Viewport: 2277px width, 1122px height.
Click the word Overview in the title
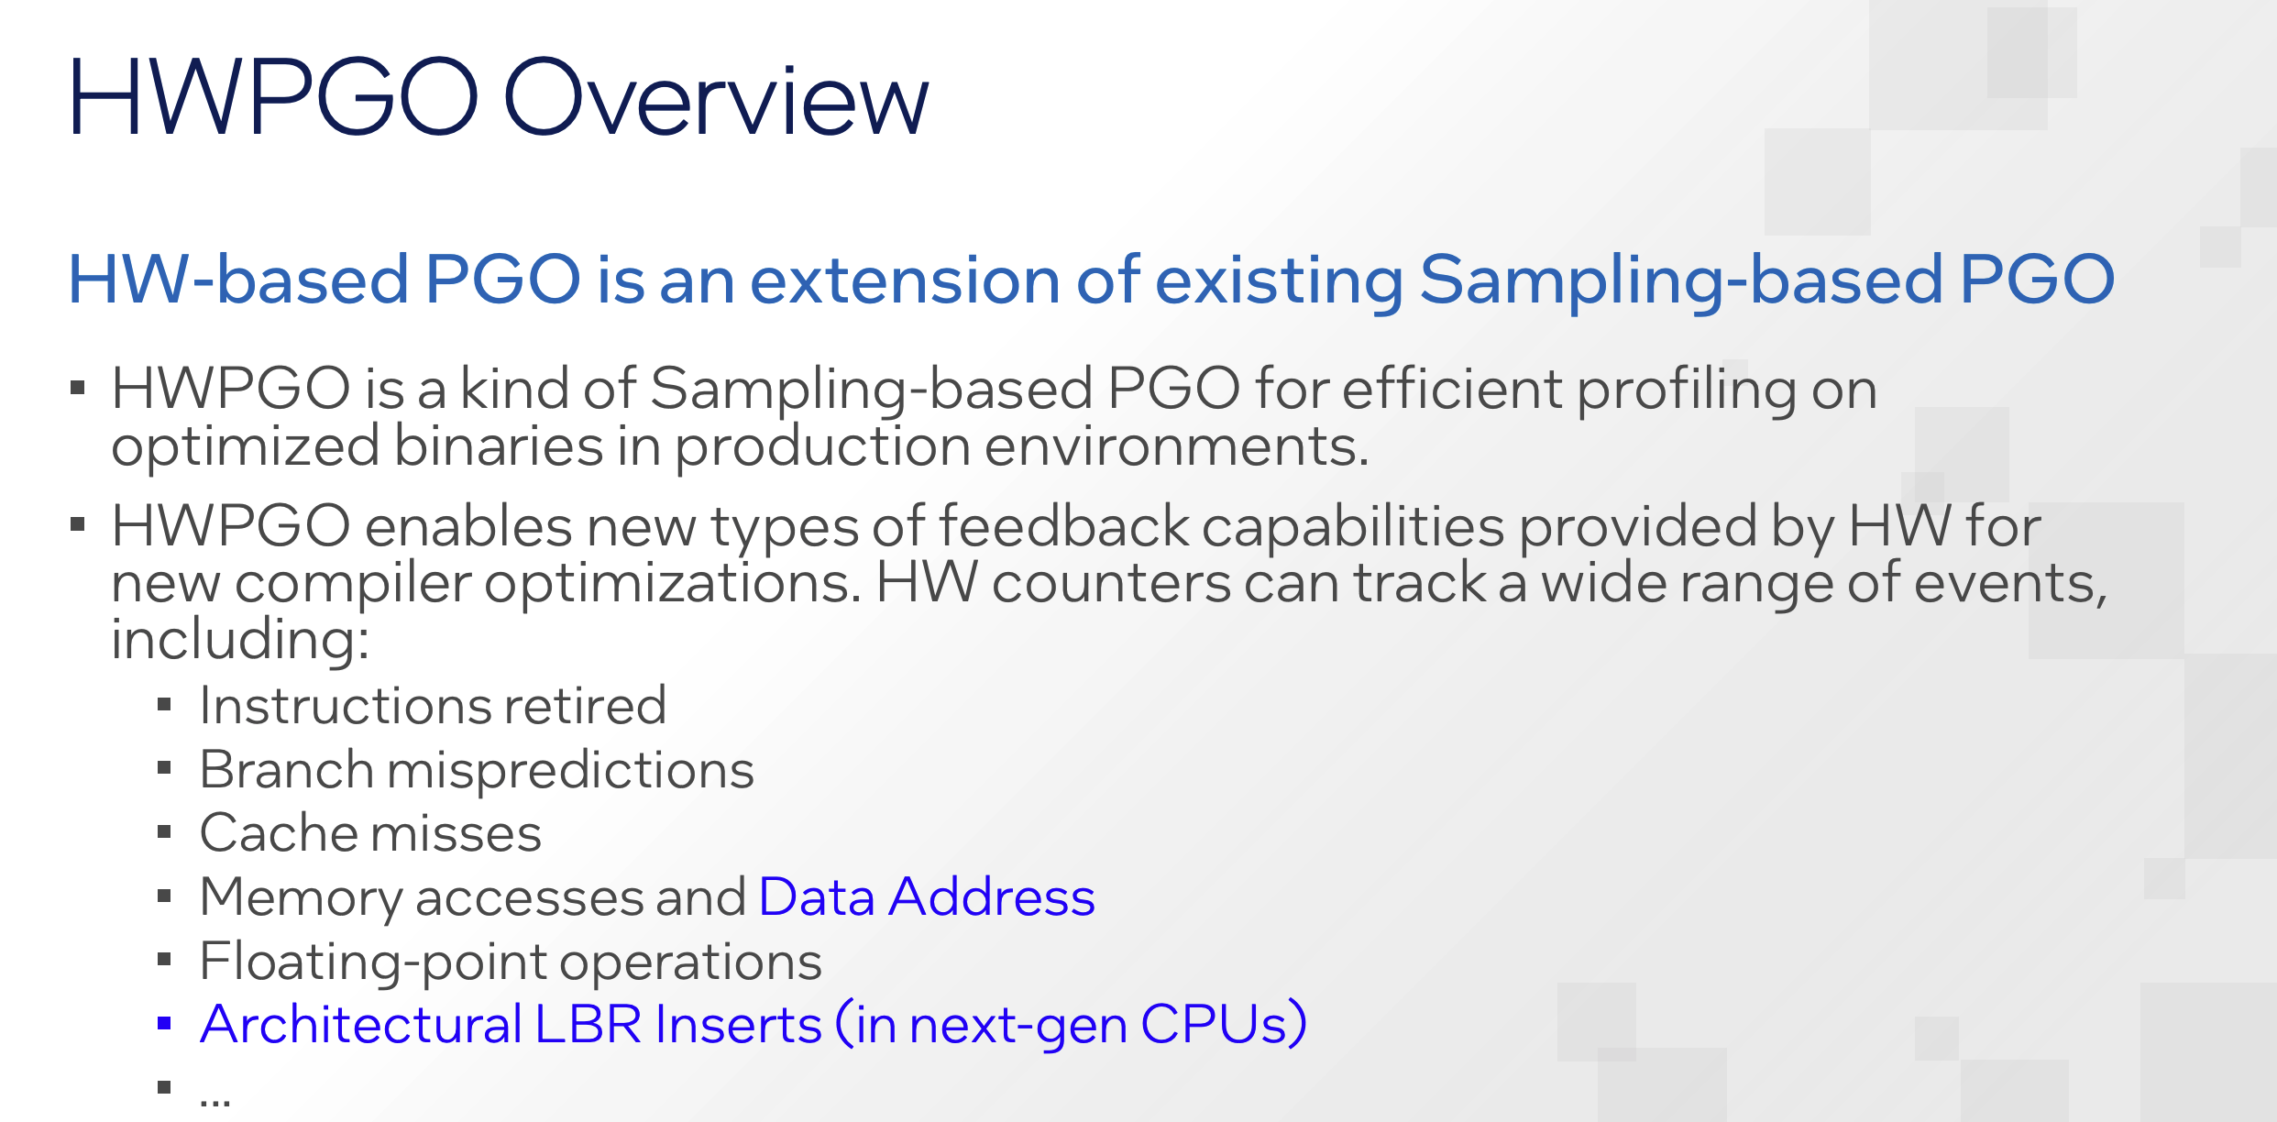[716, 97]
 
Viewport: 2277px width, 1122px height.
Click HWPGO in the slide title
[273, 97]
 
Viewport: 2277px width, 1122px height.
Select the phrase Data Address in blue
[927, 896]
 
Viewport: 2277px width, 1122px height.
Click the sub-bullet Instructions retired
[433, 705]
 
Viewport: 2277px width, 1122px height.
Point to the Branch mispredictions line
[477, 769]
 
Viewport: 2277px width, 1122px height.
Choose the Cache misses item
[370, 832]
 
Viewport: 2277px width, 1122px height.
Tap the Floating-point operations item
[511, 961]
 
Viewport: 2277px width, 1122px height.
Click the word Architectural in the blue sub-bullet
[361, 1024]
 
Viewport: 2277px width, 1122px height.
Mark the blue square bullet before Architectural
[164, 1024]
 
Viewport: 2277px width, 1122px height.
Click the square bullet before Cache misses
[164, 832]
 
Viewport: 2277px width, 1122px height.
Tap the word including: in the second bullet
[240, 638]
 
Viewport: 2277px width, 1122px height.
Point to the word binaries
[498, 446]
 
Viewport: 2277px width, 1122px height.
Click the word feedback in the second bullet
[1063, 526]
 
